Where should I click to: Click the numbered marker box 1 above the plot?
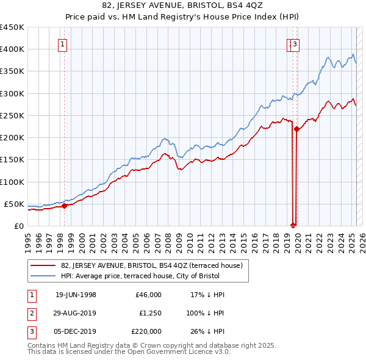tap(63, 44)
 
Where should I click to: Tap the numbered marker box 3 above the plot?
tap(295, 44)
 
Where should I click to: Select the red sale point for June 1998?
tap(64, 206)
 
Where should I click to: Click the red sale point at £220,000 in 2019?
tap(296, 129)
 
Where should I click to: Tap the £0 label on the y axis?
tap(18, 226)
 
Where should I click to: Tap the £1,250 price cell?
tap(148, 313)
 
